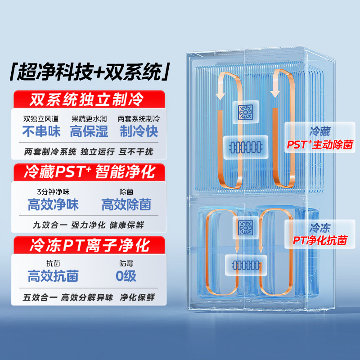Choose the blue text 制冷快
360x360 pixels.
point(139,131)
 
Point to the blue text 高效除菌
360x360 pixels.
point(126,205)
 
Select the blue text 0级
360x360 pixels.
point(126,275)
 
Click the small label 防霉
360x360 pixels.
point(126,264)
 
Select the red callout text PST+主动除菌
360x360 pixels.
point(320,145)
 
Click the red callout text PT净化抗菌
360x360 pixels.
point(320,241)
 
